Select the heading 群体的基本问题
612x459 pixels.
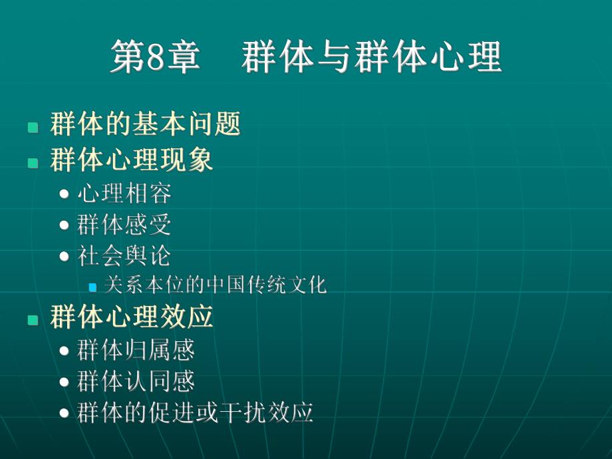145,124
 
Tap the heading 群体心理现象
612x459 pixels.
131,160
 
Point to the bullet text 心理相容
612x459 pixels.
124,194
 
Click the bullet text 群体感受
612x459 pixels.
124,225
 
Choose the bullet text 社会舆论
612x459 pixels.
124,256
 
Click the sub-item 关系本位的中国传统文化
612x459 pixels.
216,286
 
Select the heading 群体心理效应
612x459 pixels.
131,317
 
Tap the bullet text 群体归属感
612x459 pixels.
136,350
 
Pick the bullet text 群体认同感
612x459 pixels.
136,381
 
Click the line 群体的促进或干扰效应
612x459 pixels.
195,413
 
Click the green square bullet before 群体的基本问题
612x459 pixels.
33,127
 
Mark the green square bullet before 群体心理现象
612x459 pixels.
33,162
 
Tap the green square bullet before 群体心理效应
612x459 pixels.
33,320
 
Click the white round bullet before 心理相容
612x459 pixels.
64,194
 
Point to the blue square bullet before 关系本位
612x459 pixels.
92,287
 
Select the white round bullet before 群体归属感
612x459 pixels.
64,351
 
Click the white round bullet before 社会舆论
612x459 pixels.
64,257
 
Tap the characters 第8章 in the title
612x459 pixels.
154,57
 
